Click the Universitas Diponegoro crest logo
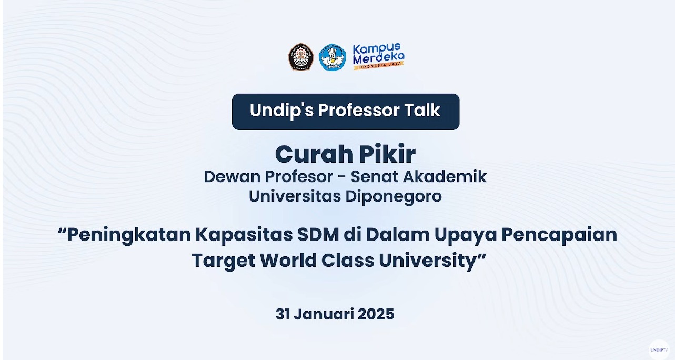pos(301,57)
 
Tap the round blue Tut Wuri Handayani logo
pos(332,57)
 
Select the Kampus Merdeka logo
pos(378,56)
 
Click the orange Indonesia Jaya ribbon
pos(378,65)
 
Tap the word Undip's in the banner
pos(282,111)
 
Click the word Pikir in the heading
pos(387,154)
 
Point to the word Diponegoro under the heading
pos(394,197)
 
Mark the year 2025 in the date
pos(376,314)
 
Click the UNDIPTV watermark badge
pos(659,350)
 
